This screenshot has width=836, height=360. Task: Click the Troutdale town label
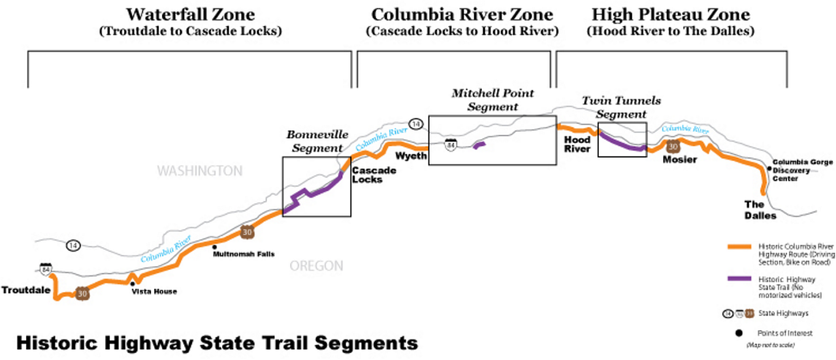point(25,290)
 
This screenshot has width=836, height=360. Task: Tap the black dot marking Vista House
point(133,284)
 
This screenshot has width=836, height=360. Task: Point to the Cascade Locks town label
point(373,174)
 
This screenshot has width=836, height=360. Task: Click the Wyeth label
point(411,156)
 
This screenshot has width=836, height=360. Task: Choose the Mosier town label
point(679,160)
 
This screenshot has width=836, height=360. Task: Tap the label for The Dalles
point(760,210)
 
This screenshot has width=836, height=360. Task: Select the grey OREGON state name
point(317,265)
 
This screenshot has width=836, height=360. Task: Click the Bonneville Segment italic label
point(314,141)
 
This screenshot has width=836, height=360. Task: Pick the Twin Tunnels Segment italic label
point(621,107)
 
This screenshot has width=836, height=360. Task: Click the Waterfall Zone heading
point(190,14)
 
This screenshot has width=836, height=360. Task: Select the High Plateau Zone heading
point(671,14)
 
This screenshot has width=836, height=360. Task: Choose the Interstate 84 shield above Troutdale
point(45,269)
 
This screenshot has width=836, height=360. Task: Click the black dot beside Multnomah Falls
point(214,247)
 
